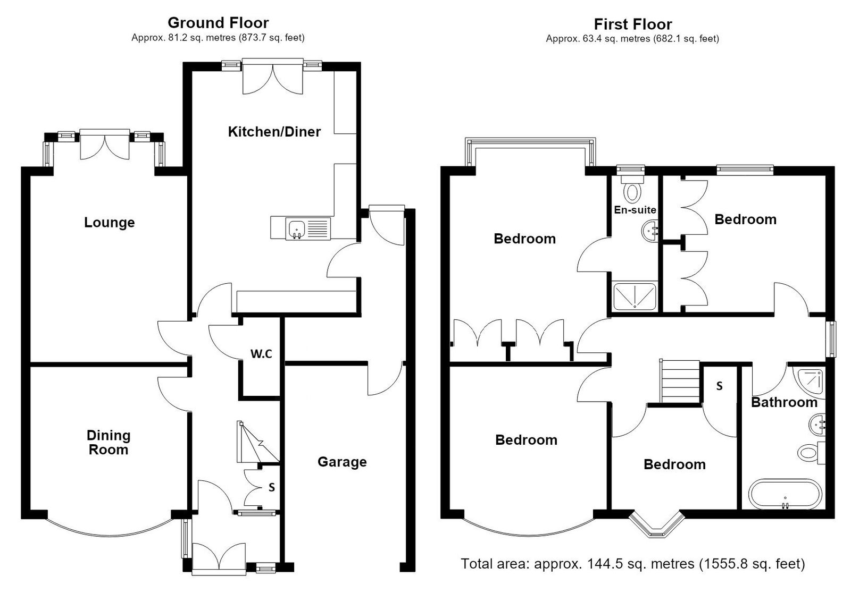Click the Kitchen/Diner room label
coord(274,132)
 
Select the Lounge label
coord(110,223)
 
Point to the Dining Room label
coord(109,443)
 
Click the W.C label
coord(261,354)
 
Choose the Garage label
coord(343,462)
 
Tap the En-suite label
coord(635,210)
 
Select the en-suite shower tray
coord(635,296)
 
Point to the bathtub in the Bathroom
coord(785,495)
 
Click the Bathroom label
coord(785,402)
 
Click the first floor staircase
coord(680,381)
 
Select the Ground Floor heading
coord(218,23)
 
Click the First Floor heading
coord(633,24)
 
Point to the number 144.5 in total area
coord(605,563)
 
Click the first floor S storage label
coord(719,386)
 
